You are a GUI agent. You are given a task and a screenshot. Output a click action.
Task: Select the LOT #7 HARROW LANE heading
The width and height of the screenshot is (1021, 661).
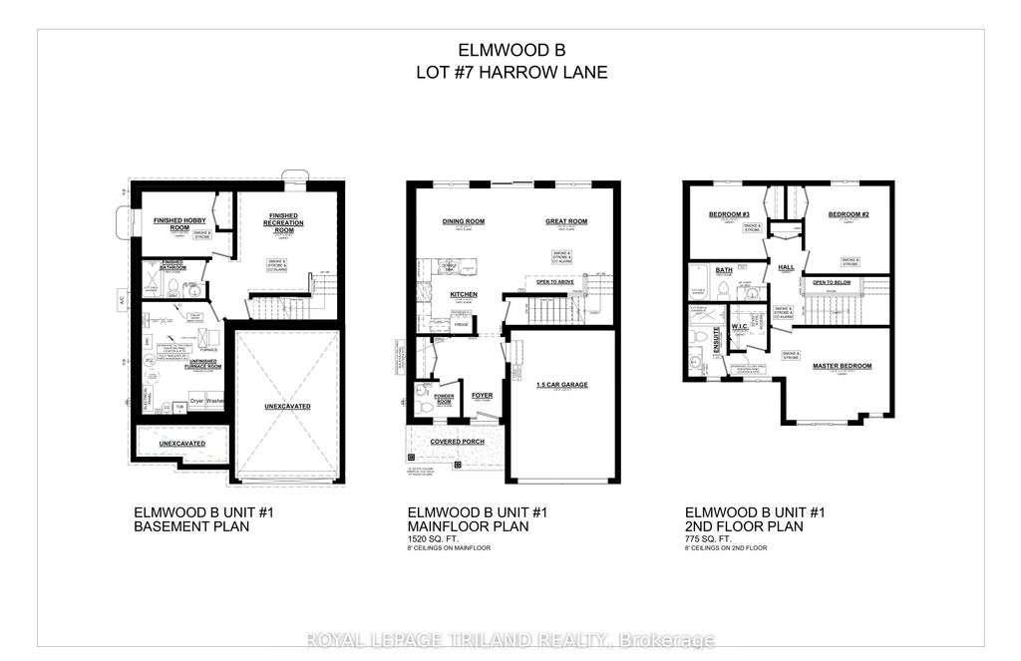pyautogui.click(x=510, y=72)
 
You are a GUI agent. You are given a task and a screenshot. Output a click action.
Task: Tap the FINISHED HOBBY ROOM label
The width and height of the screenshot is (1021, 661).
pyautogui.click(x=178, y=223)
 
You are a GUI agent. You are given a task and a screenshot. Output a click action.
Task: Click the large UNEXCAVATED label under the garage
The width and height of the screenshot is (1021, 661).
pyautogui.click(x=289, y=406)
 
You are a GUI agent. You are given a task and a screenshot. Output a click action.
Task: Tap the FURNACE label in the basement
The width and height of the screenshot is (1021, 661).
pyautogui.click(x=209, y=350)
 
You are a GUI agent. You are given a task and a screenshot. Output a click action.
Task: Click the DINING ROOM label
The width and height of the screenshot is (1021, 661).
pyautogui.click(x=463, y=221)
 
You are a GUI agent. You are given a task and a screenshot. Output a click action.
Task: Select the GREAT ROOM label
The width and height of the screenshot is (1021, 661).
pyautogui.click(x=566, y=221)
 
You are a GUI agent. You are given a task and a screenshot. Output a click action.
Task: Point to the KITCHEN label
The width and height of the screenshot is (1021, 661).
pyautogui.click(x=464, y=295)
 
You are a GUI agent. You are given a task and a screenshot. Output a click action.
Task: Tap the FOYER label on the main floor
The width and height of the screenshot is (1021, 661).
pyautogui.click(x=483, y=395)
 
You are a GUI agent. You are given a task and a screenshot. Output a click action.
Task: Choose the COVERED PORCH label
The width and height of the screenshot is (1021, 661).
pyautogui.click(x=458, y=441)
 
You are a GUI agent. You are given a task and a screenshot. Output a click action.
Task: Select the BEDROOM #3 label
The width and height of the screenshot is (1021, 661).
pyautogui.click(x=729, y=214)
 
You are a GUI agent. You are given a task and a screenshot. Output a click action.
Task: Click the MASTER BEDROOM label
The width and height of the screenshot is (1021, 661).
pyautogui.click(x=843, y=366)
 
